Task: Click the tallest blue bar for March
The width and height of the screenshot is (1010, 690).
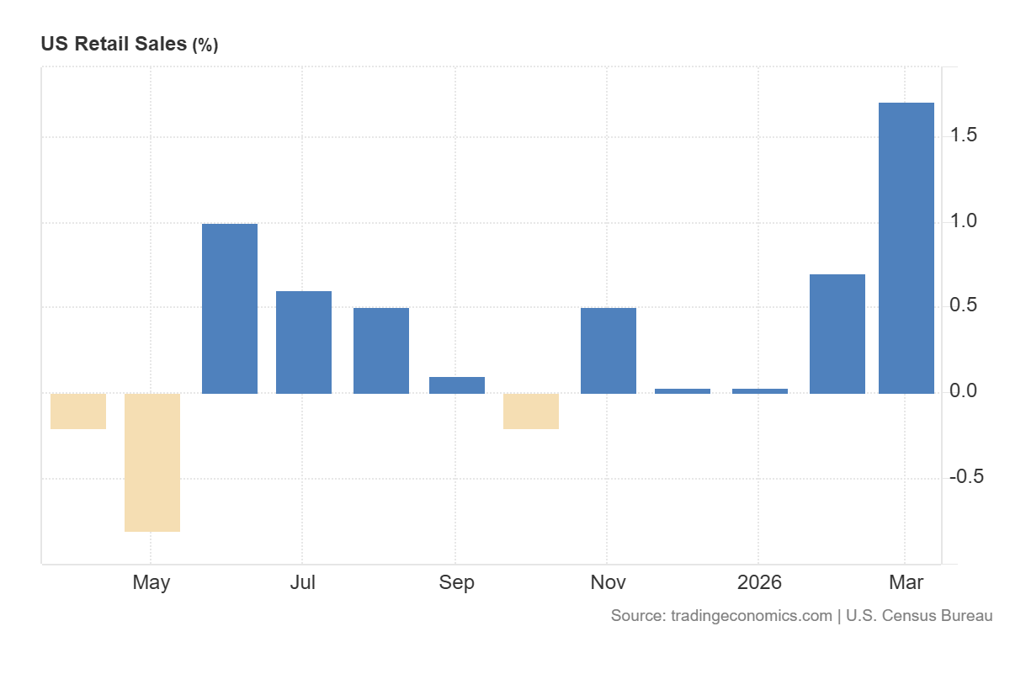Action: [x=906, y=247]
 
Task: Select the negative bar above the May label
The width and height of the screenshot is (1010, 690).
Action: [x=152, y=462]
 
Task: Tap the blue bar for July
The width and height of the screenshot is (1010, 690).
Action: [x=304, y=342]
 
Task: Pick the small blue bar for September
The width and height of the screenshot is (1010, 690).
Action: [x=457, y=385]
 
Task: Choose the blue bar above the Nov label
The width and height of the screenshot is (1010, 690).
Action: [x=609, y=350]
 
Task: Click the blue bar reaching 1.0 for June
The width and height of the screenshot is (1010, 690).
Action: [x=230, y=308]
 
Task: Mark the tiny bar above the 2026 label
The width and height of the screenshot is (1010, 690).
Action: [x=760, y=390]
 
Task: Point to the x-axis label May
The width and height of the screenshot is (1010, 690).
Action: [x=151, y=582]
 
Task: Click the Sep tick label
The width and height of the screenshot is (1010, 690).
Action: [x=456, y=582]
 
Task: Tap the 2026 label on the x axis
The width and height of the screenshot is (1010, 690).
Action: [x=759, y=582]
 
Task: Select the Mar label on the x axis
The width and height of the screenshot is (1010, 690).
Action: [x=906, y=582]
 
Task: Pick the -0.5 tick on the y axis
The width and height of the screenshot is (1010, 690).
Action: [x=966, y=477]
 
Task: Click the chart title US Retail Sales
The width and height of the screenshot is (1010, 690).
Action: [x=114, y=45]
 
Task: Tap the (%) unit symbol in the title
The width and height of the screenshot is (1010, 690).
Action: [x=205, y=45]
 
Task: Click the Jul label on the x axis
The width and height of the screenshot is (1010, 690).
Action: [x=302, y=582]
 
